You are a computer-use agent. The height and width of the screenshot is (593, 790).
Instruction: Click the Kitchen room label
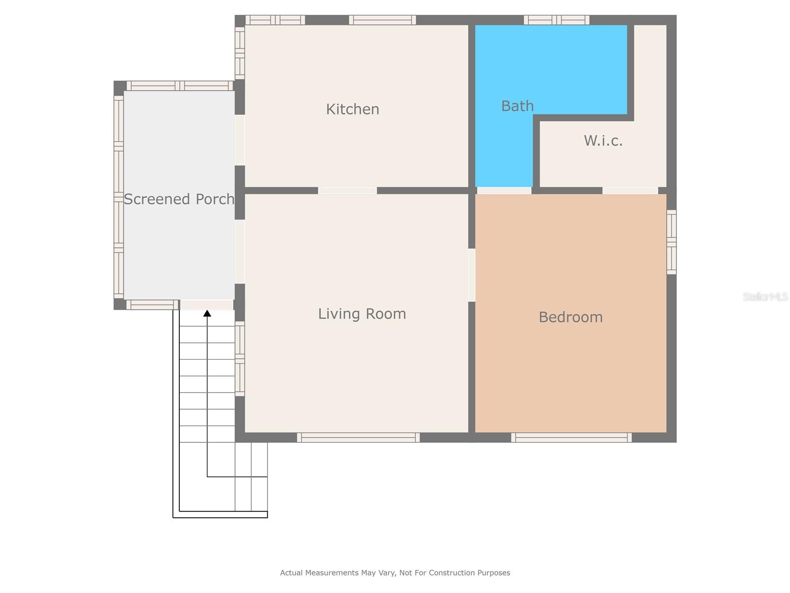click(x=353, y=109)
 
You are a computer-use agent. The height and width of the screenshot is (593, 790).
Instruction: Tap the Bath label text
click(x=517, y=106)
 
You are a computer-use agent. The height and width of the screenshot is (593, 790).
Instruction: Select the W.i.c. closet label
click(x=603, y=140)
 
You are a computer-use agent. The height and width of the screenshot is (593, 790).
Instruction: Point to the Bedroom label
click(x=570, y=317)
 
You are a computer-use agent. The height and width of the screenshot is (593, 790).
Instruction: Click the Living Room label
click(x=362, y=314)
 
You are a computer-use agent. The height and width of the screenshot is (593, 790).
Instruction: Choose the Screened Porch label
click(x=179, y=199)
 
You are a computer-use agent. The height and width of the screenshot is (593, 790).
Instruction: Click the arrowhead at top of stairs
click(x=207, y=313)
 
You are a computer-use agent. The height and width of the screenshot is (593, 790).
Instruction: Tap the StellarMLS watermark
click(x=765, y=296)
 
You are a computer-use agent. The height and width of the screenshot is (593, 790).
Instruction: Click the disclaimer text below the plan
click(x=395, y=572)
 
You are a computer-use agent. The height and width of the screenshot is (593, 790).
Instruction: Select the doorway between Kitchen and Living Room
click(x=347, y=190)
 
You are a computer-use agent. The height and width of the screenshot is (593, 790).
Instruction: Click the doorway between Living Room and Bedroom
click(x=472, y=275)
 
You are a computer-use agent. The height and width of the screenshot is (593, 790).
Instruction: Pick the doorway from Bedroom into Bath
click(x=504, y=190)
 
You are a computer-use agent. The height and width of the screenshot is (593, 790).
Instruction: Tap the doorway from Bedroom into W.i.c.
click(x=630, y=190)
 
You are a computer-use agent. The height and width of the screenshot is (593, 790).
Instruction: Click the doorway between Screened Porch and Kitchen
click(x=239, y=140)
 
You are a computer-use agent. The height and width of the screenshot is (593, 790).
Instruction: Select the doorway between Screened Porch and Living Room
click(x=239, y=252)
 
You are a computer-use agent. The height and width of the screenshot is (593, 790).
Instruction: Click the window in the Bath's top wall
click(x=556, y=20)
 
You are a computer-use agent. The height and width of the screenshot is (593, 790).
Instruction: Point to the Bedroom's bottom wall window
click(x=571, y=437)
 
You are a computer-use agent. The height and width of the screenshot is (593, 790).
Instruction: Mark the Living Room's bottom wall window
click(x=358, y=437)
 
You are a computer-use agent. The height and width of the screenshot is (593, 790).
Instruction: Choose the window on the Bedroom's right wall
click(x=671, y=242)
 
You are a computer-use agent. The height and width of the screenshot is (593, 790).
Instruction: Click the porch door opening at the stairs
click(x=206, y=305)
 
